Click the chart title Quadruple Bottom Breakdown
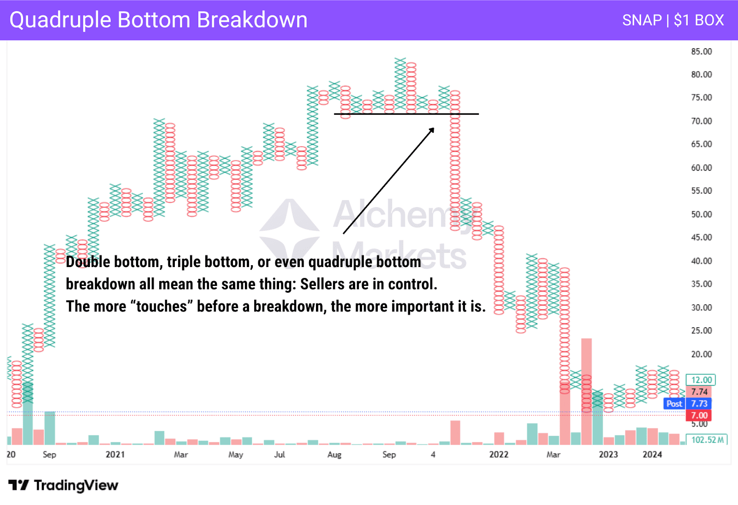(x=159, y=20)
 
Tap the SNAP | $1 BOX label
(x=673, y=20)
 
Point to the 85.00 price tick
(x=702, y=51)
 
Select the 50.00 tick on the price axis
(x=702, y=214)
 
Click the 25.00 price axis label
(x=702, y=330)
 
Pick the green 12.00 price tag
(x=701, y=380)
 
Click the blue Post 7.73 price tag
(x=687, y=404)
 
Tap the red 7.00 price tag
(x=698, y=416)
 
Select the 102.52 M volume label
(x=706, y=440)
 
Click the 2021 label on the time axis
(x=115, y=455)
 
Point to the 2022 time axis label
(x=499, y=455)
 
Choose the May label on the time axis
(x=236, y=455)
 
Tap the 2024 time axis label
(x=652, y=455)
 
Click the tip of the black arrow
(x=434, y=128)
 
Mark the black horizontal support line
(x=406, y=114)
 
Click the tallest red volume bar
(x=586, y=392)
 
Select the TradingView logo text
(x=76, y=485)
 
